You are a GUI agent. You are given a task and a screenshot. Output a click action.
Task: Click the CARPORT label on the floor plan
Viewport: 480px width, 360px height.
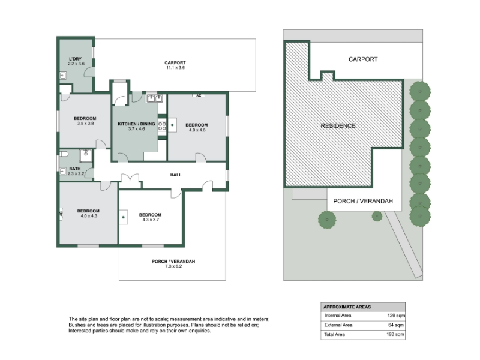(175, 62)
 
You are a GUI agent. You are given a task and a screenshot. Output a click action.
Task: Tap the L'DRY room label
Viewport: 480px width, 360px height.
(76, 59)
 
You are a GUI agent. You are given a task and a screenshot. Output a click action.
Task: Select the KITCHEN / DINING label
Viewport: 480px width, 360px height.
(136, 124)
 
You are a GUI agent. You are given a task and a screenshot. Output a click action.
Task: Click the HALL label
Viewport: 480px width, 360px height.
(176, 175)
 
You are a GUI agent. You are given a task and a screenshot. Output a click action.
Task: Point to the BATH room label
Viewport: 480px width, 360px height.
(74, 169)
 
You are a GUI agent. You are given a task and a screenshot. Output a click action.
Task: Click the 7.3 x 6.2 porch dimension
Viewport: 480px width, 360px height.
(173, 266)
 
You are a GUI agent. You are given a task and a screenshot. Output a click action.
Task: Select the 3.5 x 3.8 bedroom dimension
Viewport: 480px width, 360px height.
(85, 124)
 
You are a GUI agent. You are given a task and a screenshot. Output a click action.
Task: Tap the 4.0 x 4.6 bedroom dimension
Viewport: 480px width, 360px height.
(197, 130)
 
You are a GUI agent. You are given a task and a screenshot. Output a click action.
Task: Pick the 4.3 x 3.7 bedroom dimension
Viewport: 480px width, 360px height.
(151, 220)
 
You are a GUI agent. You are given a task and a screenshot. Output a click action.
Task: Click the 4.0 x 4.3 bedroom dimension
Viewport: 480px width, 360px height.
(89, 216)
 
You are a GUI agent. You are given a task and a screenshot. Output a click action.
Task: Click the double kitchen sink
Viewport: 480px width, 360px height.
(155, 98)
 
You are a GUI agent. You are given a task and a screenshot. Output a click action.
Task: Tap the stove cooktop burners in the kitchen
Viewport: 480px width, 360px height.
(162, 126)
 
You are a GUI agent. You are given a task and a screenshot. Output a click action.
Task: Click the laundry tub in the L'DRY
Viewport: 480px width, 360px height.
(63, 76)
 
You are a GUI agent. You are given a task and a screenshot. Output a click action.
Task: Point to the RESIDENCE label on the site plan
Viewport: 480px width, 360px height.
(338, 126)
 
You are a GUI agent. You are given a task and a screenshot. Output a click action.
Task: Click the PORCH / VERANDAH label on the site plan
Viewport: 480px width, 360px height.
(363, 201)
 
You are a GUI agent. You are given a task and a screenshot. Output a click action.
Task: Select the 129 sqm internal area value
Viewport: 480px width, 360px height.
(396, 316)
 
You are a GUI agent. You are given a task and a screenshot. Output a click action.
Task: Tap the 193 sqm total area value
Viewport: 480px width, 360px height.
(395, 334)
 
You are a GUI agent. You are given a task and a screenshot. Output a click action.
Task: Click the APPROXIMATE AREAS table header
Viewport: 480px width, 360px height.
(347, 307)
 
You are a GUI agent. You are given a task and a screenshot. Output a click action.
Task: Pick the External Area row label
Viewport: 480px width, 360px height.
(338, 325)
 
